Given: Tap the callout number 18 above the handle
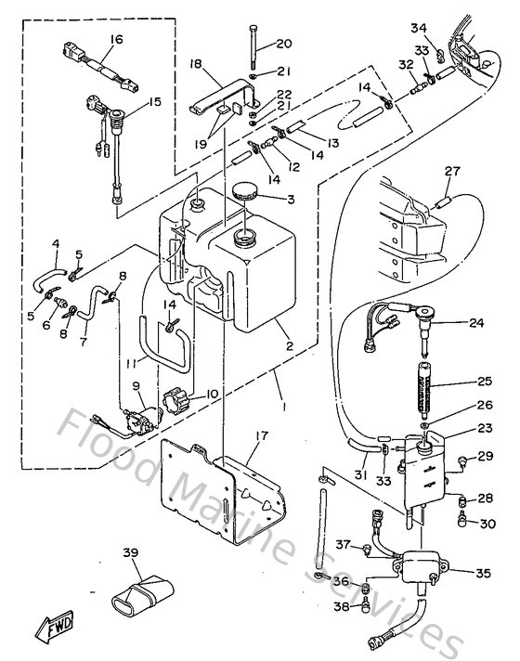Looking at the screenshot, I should pyautogui.click(x=196, y=63).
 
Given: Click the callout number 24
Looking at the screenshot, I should pyautogui.click(x=477, y=323).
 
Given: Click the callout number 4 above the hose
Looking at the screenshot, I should pyautogui.click(x=56, y=244).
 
